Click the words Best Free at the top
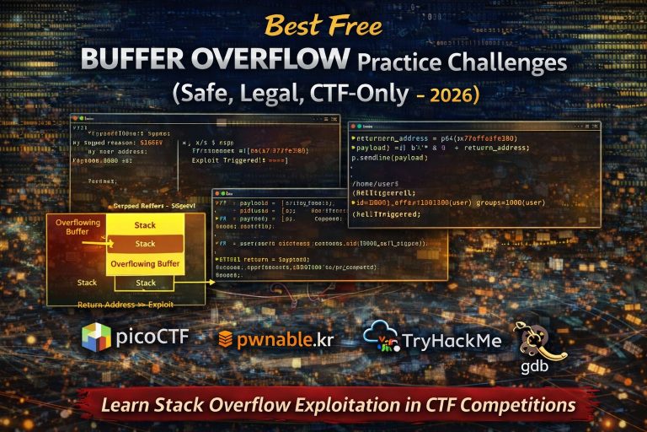point(323,26)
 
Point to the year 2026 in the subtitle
point(456,94)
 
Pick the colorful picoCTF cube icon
point(96,337)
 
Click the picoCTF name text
point(152,338)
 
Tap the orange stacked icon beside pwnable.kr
point(225,339)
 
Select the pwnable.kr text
point(286,339)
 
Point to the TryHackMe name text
point(451,339)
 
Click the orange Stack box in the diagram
point(145,244)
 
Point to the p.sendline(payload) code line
point(392,158)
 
